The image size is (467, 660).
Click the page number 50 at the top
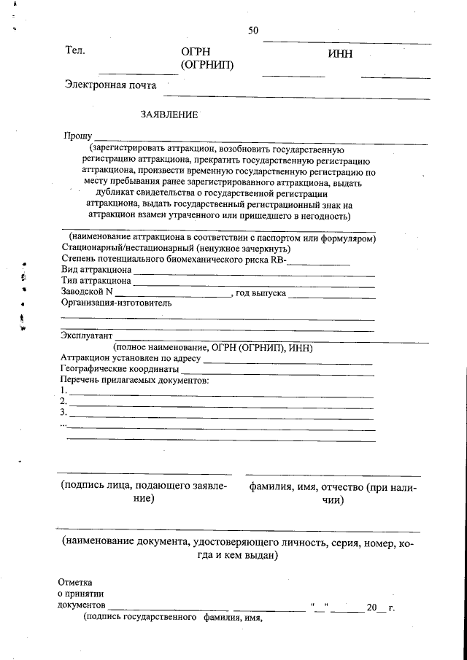coord(253,31)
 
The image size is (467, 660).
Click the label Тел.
coord(75,50)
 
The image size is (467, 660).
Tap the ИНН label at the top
coord(341,53)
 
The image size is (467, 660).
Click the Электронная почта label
coord(110,85)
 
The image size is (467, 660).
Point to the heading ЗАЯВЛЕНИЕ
coord(169,114)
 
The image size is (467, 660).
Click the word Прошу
coord(77,136)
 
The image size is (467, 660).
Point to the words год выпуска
coord(260,292)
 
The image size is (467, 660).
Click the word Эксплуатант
coord(87,336)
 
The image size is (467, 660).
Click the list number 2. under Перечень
coord(63,402)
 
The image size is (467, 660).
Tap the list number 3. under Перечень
coord(63,413)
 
